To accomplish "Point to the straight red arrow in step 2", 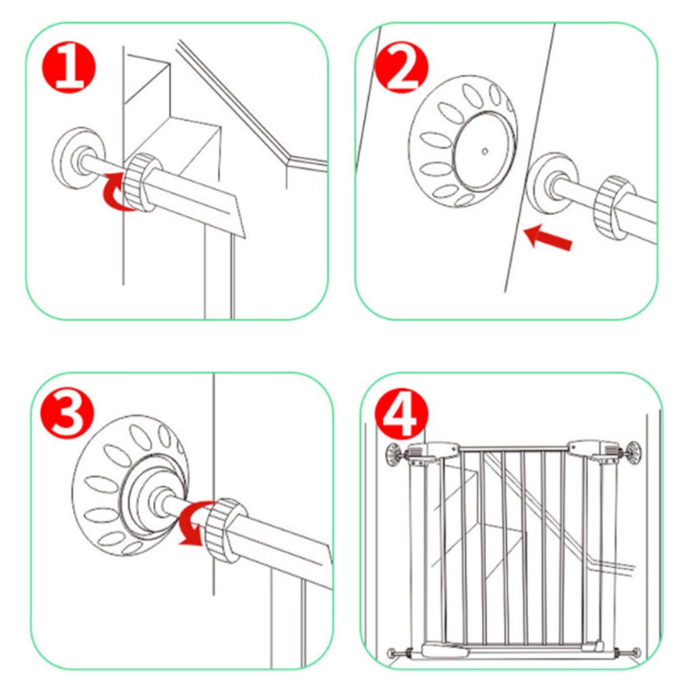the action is (x=548, y=237).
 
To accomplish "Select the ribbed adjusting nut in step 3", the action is (x=226, y=530).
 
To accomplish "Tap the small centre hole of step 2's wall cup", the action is (x=485, y=151).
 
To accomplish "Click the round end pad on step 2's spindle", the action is (x=553, y=183).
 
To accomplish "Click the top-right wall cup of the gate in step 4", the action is (x=633, y=453).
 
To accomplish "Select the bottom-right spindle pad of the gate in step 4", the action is (x=636, y=652).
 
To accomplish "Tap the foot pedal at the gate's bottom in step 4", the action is (x=446, y=650).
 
